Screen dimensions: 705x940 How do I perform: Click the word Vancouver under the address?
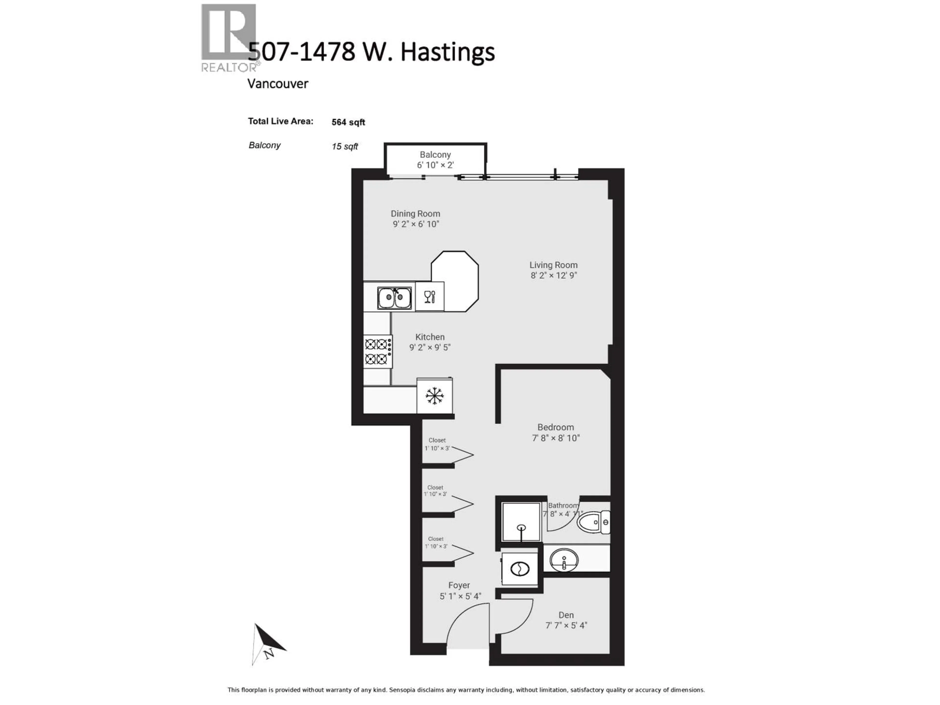tap(278, 84)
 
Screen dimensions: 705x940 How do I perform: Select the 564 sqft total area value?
tap(348, 122)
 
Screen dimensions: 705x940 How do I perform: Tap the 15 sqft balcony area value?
tap(345, 147)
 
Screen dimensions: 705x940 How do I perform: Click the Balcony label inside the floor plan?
tap(435, 155)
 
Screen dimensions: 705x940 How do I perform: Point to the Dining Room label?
tap(415, 214)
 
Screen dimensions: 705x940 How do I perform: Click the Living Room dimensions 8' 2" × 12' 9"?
tap(553, 275)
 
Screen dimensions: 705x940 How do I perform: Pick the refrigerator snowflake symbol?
tap(434, 396)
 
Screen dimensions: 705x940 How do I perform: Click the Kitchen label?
tap(430, 337)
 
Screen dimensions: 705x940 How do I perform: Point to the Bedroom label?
tap(555, 427)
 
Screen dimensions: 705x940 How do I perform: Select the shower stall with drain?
tap(521, 522)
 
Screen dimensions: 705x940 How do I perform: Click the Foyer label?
tap(459, 585)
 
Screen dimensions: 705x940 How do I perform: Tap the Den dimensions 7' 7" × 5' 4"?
tap(566, 625)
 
